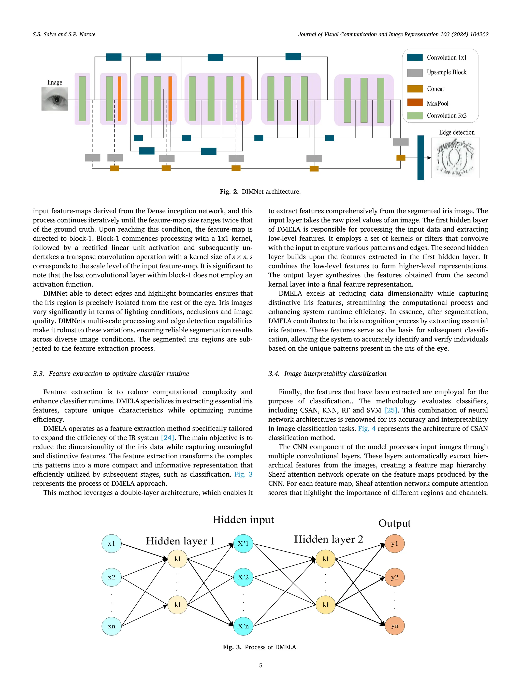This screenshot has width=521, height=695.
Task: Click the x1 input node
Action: coord(111,544)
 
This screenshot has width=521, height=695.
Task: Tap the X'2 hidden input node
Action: coord(243,577)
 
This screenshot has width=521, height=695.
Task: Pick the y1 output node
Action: coord(395,544)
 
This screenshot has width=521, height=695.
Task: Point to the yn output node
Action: coord(395,626)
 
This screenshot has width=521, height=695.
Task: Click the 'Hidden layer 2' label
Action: coord(328,539)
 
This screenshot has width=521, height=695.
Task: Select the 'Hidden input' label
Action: coord(243,520)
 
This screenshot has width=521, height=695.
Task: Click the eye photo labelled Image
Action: coord(55,99)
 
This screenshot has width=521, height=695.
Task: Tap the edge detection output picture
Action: coord(455,158)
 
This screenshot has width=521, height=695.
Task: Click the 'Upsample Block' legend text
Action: coord(446,72)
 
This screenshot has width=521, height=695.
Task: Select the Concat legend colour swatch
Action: coord(415,89)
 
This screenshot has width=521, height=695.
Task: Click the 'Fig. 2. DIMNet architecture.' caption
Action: coord(260,192)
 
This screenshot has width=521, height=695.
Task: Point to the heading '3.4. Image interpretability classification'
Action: coord(327,374)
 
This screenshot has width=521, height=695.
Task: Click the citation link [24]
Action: coord(167,438)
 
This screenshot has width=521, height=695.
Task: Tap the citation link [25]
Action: coord(391,410)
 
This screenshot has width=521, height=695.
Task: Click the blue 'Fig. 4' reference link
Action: coord(367,429)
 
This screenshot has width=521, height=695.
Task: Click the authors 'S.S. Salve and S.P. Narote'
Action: coord(64,34)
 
